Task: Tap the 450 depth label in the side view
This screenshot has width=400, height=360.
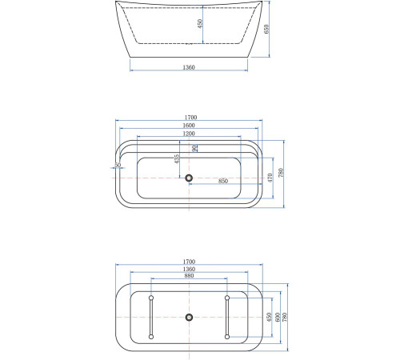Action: coord(201,24)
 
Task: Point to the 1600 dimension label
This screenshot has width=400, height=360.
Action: coord(189,126)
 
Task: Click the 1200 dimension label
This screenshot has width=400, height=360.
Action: coord(189,134)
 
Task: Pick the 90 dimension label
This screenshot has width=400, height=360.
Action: coord(195,148)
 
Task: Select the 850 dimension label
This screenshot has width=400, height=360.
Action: coord(223,182)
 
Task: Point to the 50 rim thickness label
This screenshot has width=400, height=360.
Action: coord(118,166)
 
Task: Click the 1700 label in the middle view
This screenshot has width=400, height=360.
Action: coord(189,118)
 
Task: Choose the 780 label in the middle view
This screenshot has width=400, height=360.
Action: coord(292,175)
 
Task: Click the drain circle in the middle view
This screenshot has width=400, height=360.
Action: coord(189,178)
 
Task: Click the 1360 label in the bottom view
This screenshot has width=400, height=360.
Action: coord(189,270)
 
